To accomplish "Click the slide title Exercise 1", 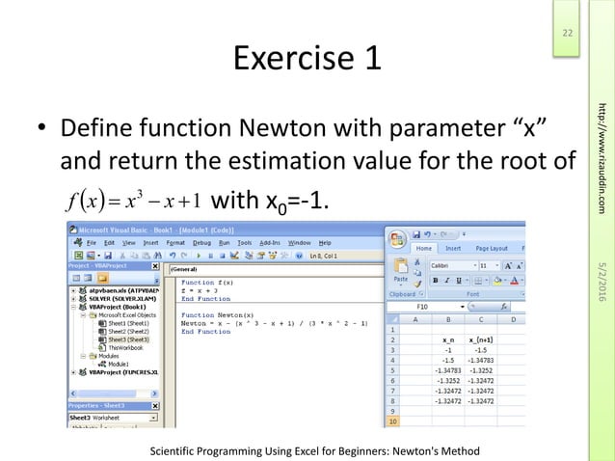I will click(x=307, y=60).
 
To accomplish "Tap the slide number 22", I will click(x=568, y=36).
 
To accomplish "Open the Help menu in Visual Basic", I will click(x=325, y=242).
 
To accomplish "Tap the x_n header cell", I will click(x=447, y=339).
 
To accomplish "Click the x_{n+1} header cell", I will click(x=479, y=339).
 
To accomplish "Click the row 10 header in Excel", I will click(x=394, y=421).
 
